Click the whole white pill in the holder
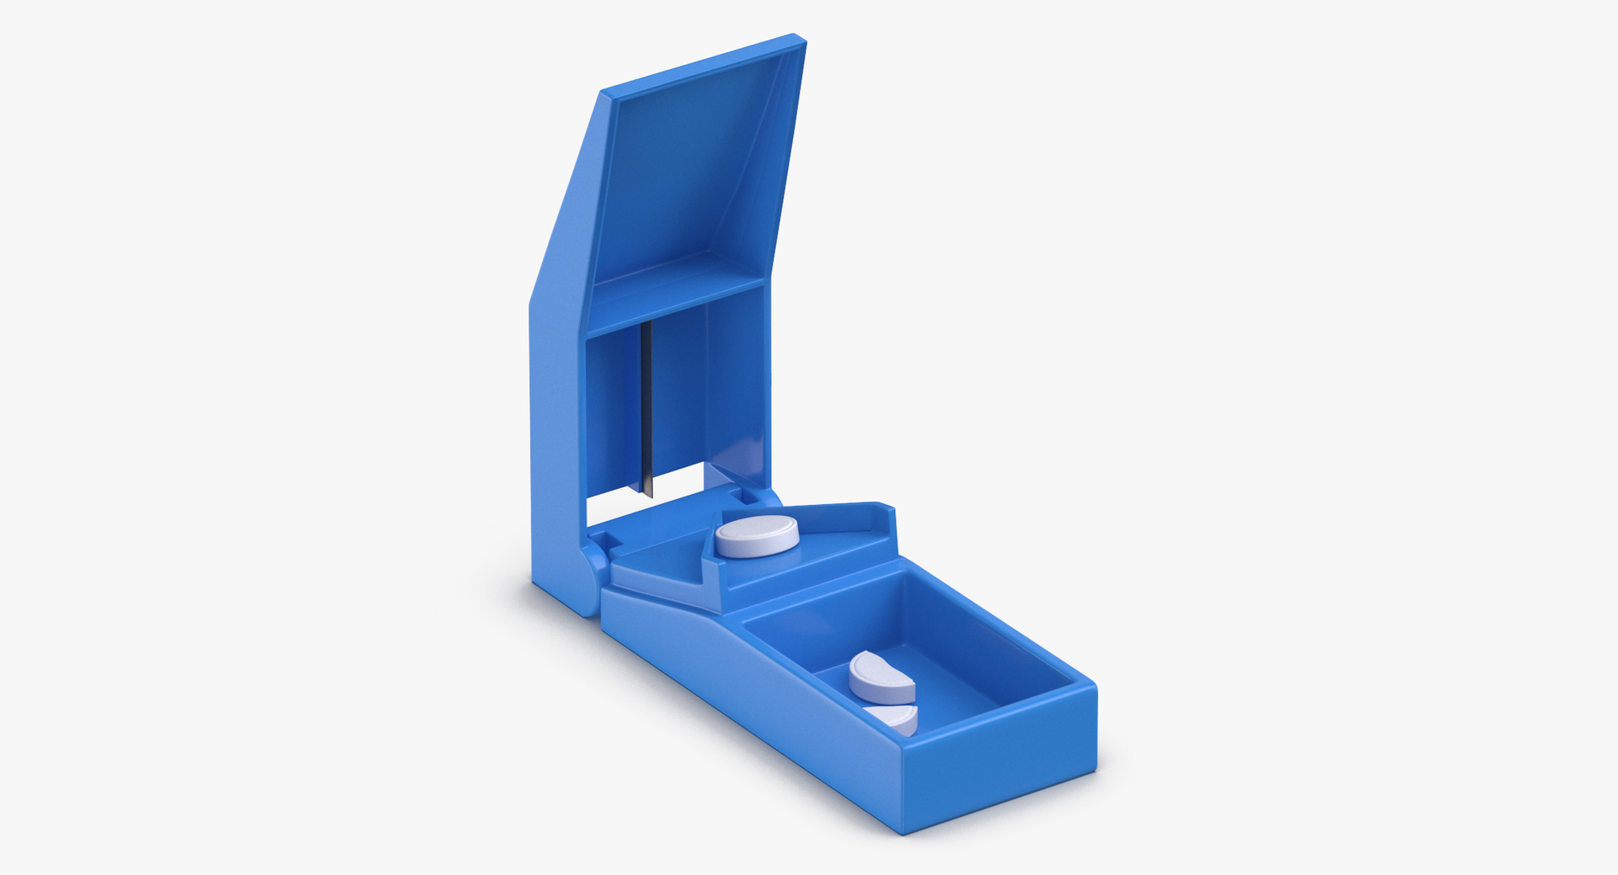click(x=756, y=534)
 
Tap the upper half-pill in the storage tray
click(x=881, y=677)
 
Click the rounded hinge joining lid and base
click(x=593, y=575)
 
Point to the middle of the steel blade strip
click(x=646, y=405)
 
